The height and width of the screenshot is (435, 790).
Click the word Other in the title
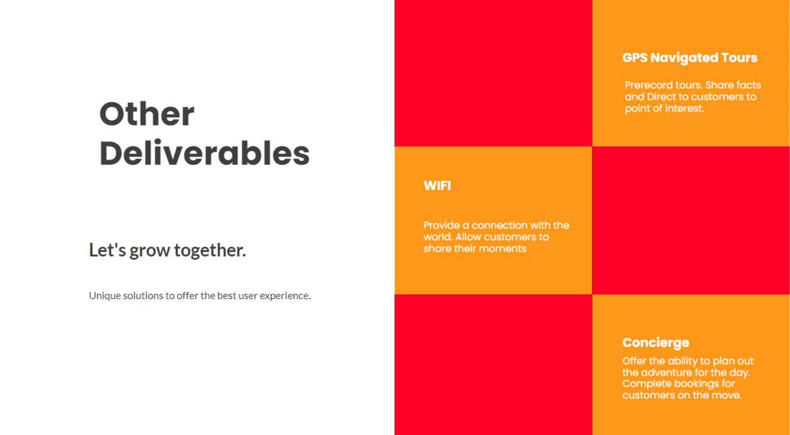click(x=147, y=114)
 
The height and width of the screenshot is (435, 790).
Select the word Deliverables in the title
click(x=204, y=153)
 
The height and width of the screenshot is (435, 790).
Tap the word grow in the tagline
click(x=150, y=251)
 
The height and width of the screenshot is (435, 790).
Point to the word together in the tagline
click(x=210, y=250)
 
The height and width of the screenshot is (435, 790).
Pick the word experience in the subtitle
click(x=285, y=296)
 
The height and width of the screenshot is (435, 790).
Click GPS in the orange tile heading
click(x=635, y=57)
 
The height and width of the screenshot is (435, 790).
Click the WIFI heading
click(x=437, y=185)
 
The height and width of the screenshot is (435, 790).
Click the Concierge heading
click(x=656, y=343)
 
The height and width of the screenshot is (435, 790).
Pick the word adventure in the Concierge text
click(x=664, y=372)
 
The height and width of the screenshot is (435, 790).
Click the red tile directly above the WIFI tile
click(x=493, y=73)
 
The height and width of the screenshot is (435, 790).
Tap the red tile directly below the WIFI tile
click(x=493, y=365)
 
